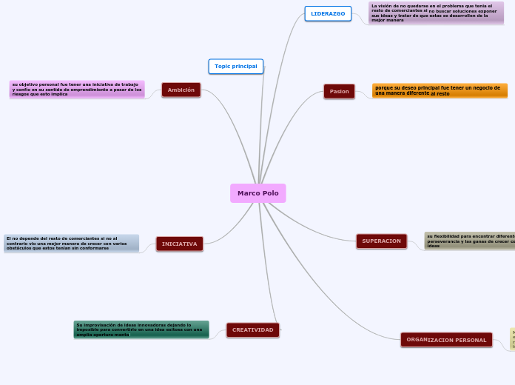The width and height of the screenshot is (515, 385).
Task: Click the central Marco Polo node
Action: (257, 193)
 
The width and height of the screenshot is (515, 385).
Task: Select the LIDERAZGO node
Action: (328, 13)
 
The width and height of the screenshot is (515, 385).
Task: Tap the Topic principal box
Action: (236, 67)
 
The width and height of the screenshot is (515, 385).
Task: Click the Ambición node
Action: (181, 90)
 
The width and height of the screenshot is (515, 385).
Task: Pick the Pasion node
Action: (340, 91)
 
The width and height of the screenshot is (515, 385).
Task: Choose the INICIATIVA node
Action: (180, 244)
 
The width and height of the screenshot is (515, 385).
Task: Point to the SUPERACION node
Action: (381, 241)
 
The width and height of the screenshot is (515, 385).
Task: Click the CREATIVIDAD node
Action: (253, 329)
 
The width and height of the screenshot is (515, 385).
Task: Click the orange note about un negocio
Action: (440, 90)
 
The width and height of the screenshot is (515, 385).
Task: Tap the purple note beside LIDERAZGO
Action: (436, 13)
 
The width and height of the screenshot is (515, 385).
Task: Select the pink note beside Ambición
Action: (77, 89)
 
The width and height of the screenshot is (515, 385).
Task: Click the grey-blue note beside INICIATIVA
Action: (71, 243)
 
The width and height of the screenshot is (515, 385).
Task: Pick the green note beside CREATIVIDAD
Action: (141, 329)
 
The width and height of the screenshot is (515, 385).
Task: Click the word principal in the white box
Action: (245, 67)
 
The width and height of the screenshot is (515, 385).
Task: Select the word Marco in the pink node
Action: (248, 193)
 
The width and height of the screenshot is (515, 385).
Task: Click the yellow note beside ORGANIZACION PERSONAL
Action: (512, 339)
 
